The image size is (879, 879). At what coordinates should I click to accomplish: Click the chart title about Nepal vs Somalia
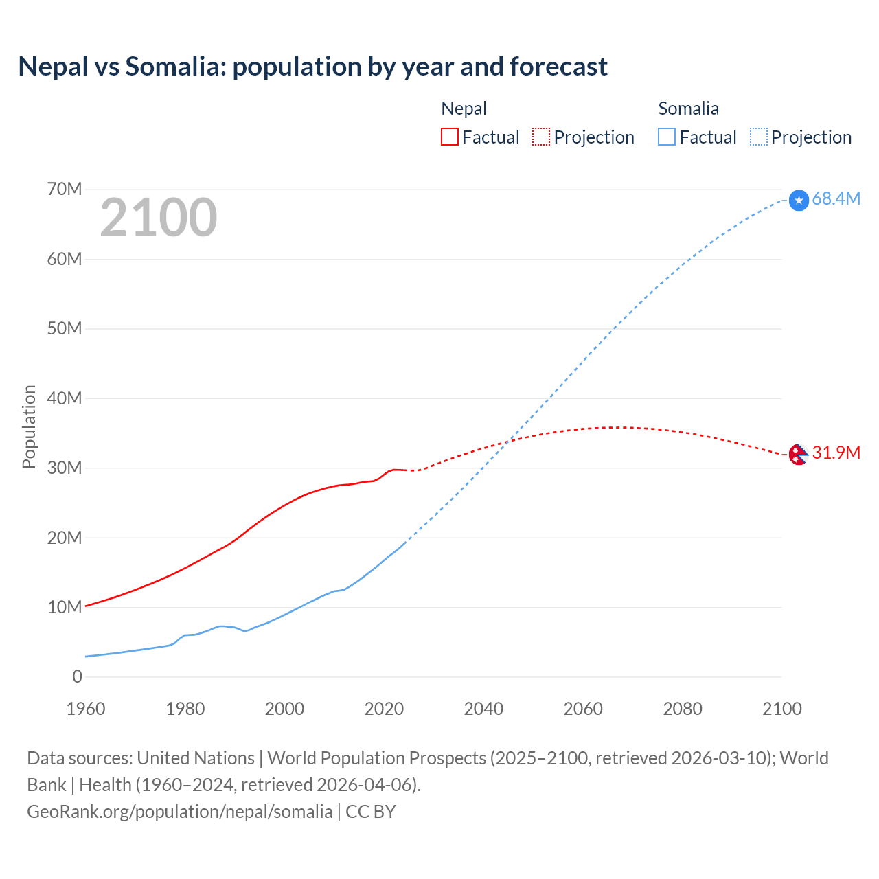click(x=312, y=67)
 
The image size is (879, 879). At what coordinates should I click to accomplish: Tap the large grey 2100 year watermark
click(x=159, y=218)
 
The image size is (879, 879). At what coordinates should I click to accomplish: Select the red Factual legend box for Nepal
click(x=449, y=137)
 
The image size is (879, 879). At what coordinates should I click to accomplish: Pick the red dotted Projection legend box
click(x=541, y=137)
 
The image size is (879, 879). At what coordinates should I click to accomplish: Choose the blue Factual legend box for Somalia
click(x=667, y=137)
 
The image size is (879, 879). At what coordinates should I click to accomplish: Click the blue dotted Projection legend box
click(x=758, y=137)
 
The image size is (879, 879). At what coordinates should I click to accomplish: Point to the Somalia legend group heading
click(x=688, y=109)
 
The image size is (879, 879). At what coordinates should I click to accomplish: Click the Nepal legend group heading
click(x=464, y=109)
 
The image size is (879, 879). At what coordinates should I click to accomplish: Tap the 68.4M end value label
click(x=836, y=198)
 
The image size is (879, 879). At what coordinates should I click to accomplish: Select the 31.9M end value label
click(x=836, y=453)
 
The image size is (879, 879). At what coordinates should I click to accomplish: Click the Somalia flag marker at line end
click(x=799, y=200)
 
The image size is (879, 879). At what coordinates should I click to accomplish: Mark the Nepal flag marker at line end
click(x=797, y=454)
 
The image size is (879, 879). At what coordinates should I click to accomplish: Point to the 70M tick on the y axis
click(x=65, y=189)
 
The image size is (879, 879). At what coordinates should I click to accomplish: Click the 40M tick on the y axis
click(x=65, y=398)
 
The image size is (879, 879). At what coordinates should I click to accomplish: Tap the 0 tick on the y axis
click(x=77, y=676)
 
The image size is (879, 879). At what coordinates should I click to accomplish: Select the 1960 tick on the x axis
click(x=86, y=709)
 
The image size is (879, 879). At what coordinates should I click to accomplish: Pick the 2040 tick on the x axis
click(x=483, y=709)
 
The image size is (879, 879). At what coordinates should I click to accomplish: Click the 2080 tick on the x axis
click(x=683, y=709)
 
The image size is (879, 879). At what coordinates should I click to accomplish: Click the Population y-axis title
click(x=29, y=426)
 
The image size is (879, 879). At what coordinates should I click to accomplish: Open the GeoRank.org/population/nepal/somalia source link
click(x=180, y=812)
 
